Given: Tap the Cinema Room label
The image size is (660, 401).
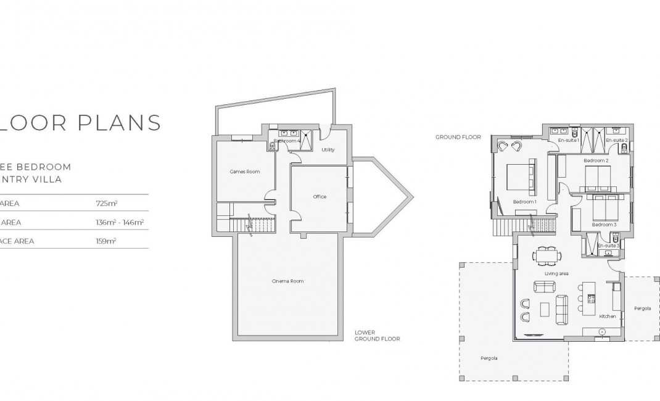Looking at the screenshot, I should click(287, 281).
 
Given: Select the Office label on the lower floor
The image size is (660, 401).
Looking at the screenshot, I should click(320, 197).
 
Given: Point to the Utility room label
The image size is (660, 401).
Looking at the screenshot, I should click(328, 150).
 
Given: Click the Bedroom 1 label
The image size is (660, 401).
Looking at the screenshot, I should click(525, 202).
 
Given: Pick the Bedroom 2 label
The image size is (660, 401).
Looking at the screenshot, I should click(596, 160).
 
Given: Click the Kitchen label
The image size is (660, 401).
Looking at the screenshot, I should click(608, 316).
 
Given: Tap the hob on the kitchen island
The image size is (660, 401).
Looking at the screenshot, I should click(591, 299).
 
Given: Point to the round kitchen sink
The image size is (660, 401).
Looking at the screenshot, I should click(602, 331).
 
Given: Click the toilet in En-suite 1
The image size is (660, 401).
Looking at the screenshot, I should click(573, 131).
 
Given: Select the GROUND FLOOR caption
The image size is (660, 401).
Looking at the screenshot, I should click(458, 137).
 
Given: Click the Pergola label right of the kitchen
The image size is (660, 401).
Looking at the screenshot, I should click(641, 308).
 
